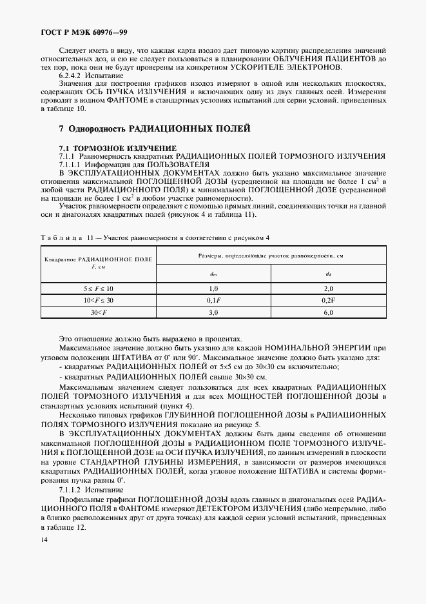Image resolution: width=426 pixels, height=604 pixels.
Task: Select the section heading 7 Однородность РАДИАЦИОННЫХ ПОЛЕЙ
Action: point(154,130)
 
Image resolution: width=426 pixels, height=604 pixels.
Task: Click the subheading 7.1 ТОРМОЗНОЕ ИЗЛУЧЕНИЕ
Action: point(113,148)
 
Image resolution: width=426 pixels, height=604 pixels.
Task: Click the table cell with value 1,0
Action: point(214,288)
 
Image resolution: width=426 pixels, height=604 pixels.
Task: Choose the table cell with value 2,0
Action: point(327,288)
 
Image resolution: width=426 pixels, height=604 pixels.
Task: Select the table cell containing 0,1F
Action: point(214,301)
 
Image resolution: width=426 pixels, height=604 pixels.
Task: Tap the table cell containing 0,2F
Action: point(327,301)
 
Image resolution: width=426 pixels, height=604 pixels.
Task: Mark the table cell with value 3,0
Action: point(214,313)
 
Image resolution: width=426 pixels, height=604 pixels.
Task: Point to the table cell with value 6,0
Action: point(327,313)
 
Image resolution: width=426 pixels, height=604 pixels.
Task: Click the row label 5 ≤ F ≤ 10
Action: point(98,288)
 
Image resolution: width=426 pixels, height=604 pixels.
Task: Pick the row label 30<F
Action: point(98,313)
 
